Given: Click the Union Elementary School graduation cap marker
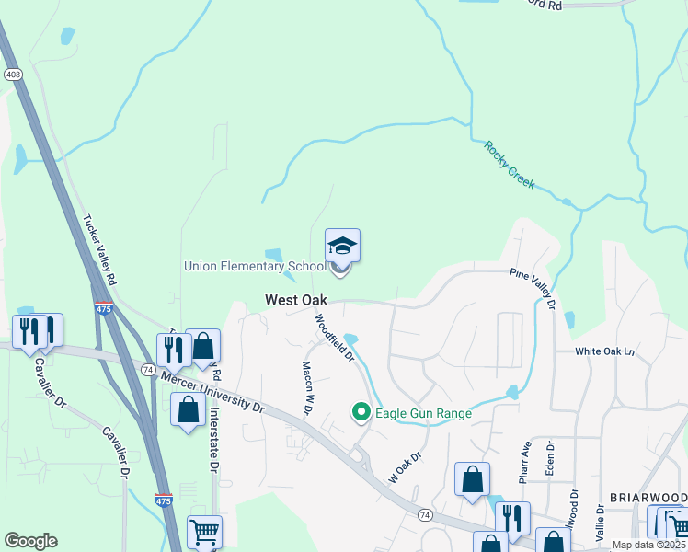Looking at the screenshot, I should pos(342,247).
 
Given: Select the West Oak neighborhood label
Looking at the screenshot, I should pos(296,300).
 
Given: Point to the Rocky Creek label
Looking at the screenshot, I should pos(510,166).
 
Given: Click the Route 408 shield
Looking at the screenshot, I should pos(13,75).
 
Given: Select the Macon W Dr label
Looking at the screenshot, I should pos(309,386).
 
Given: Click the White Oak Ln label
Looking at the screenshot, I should pos(605,351).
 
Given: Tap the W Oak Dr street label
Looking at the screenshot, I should pos(405,467).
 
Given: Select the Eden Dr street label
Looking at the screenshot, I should pos(550,459).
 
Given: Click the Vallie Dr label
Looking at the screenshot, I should pos(600,521).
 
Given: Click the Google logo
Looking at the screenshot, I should pos(30,541).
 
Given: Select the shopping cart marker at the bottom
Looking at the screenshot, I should pos(204,532).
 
